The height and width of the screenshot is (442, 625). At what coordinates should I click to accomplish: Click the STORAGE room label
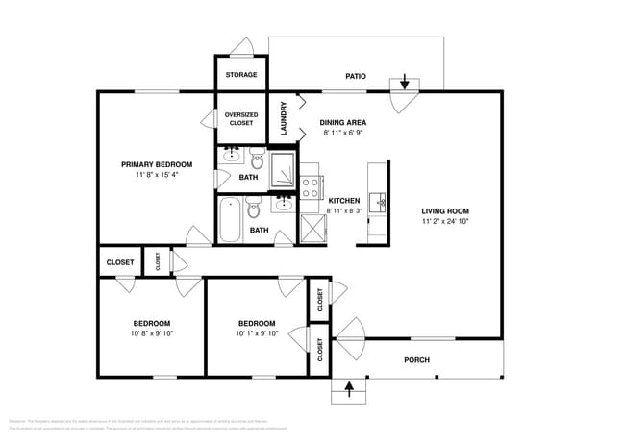point(240,75)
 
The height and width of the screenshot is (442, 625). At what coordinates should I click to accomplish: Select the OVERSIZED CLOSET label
point(240,119)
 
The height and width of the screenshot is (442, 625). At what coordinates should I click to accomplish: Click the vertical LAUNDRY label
point(284,117)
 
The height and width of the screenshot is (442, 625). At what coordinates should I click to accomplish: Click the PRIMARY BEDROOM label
point(157,164)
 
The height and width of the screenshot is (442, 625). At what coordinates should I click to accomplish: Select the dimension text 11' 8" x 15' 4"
point(157,176)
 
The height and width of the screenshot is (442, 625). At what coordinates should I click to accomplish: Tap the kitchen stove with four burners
point(311,185)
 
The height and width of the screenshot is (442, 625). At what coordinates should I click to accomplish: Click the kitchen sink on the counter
point(381,202)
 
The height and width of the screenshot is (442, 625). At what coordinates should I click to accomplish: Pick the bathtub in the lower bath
point(230,220)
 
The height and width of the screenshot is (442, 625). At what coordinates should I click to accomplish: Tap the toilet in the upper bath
point(257,157)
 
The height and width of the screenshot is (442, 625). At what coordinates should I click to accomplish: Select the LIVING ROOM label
point(445,210)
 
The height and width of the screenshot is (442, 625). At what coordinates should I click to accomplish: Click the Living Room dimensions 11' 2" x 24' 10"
point(445,222)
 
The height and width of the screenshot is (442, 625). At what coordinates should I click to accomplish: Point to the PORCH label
point(416,361)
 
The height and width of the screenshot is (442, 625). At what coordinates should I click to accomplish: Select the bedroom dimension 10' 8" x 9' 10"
point(152,334)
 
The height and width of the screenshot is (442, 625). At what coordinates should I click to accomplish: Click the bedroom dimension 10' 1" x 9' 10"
point(257,334)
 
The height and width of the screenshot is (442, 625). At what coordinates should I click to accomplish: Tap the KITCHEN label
point(343,200)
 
